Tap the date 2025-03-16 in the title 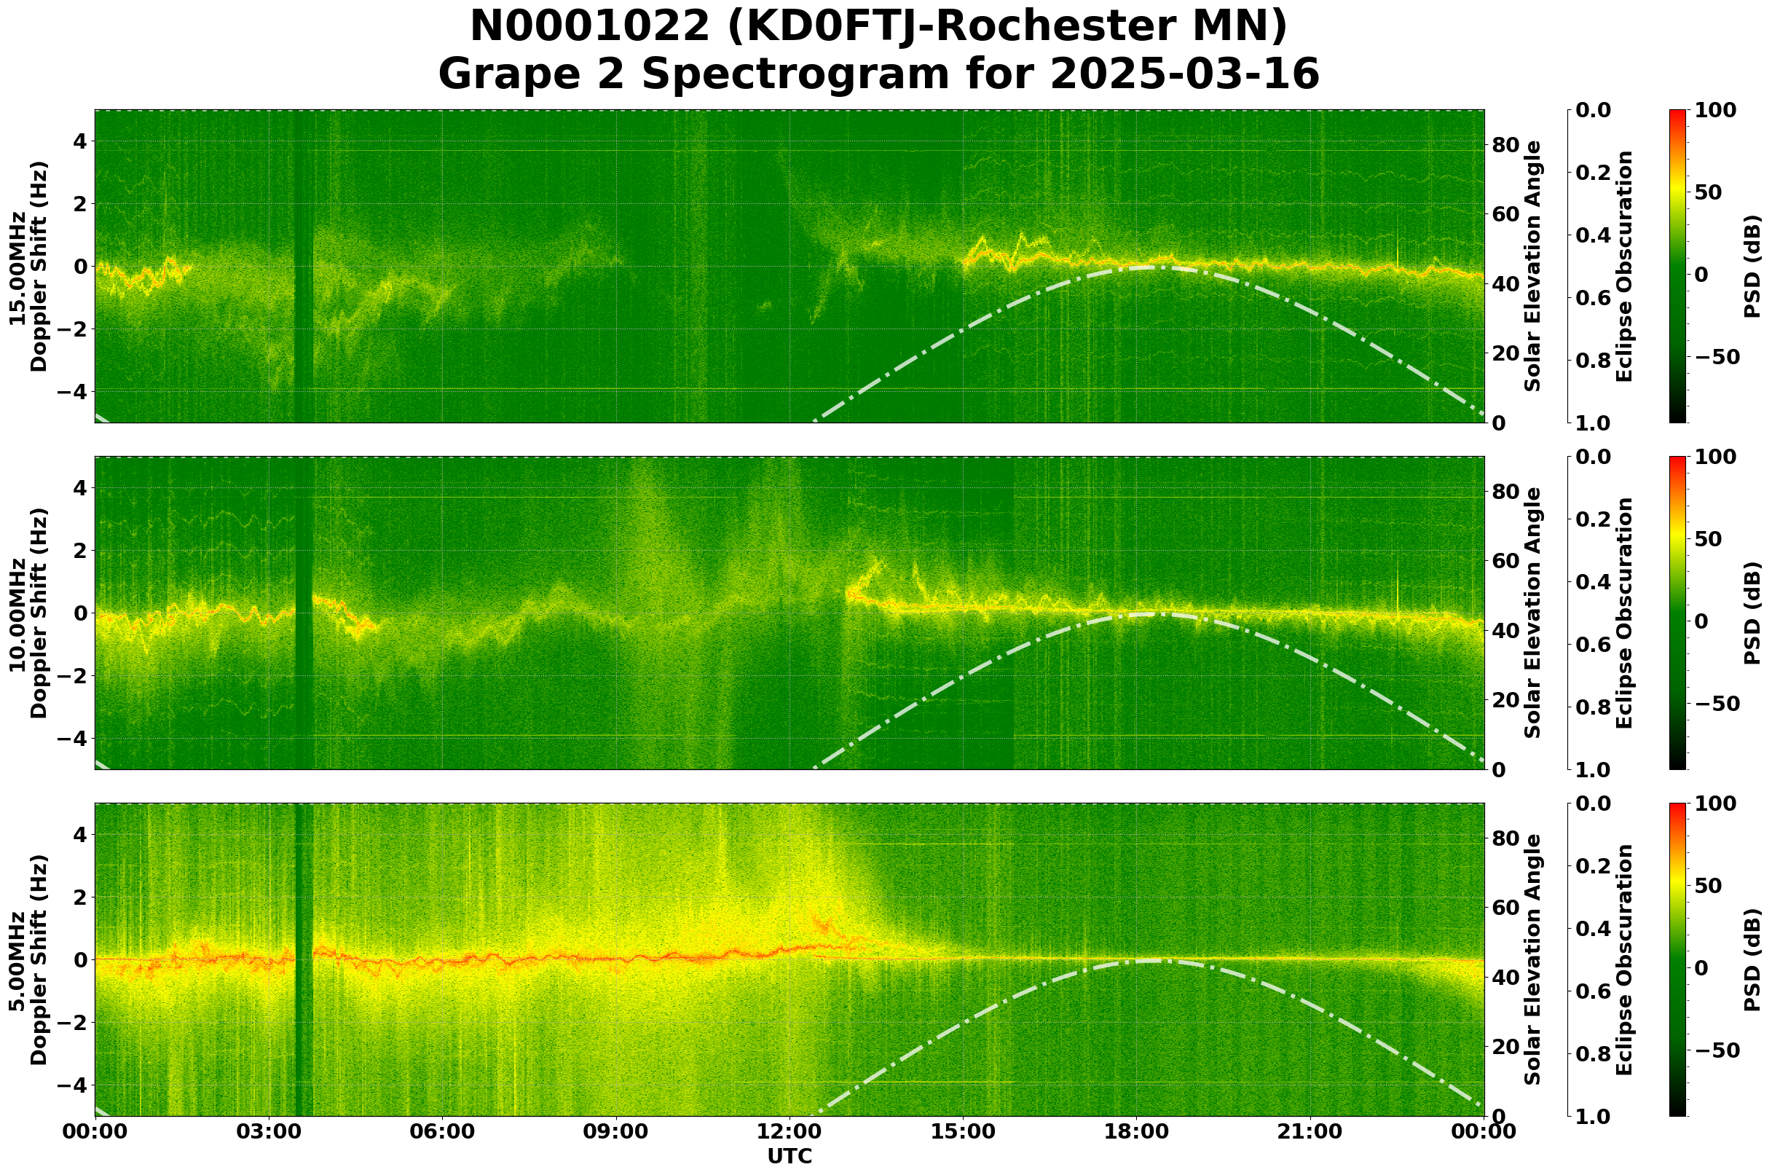[1184, 75]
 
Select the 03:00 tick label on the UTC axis [268, 1131]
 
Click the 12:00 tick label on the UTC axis [789, 1131]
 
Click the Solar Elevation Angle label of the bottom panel [1533, 960]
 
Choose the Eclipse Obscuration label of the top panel [1623, 267]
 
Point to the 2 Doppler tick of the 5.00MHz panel [79, 897]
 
